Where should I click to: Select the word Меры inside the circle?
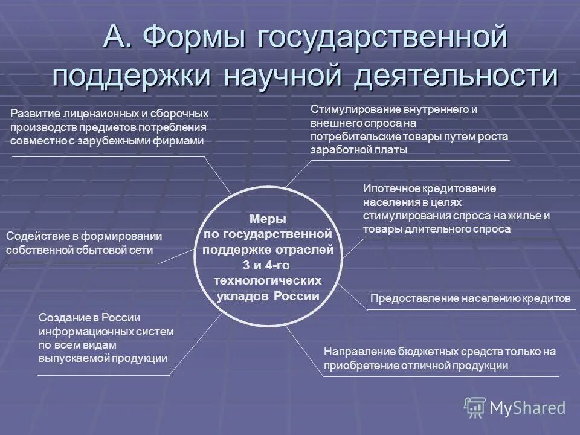click(x=268, y=219)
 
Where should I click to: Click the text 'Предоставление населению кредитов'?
click(x=470, y=298)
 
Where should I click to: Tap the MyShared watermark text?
click(x=527, y=408)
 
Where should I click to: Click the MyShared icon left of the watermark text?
click(x=474, y=408)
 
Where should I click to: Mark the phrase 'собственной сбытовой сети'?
click(x=79, y=250)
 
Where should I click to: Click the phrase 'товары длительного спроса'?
click(x=437, y=229)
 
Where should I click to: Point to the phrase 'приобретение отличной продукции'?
click(x=416, y=366)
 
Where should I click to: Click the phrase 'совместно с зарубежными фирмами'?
click(x=107, y=141)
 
